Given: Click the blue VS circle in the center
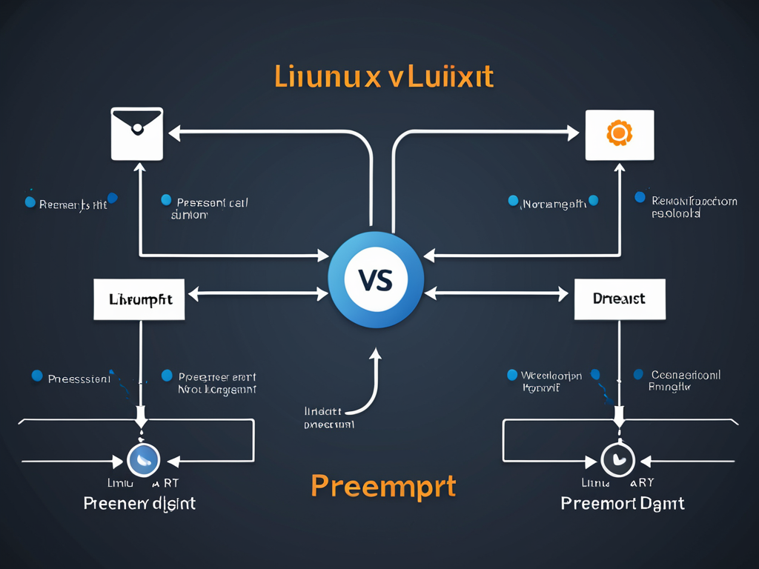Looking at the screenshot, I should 376,280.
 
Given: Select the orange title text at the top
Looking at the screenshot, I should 384,77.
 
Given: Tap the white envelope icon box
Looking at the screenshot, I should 137,134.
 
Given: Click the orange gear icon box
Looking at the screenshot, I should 619,135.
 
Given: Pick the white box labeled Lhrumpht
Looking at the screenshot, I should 139,299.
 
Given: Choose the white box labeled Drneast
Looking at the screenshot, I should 620,299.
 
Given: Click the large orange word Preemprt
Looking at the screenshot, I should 383,485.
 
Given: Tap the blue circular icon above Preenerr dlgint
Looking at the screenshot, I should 144,460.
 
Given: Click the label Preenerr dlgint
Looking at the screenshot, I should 140,504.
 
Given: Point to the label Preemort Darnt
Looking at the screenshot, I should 623,504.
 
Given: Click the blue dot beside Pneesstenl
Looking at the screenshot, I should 37,376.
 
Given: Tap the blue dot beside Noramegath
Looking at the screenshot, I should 513,201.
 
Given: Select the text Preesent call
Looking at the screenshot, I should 211,202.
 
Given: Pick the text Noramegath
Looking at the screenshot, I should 554,203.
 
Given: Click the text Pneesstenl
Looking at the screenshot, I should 79,379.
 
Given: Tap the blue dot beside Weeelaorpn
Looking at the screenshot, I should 511,375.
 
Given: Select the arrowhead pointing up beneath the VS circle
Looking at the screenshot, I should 375,355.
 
